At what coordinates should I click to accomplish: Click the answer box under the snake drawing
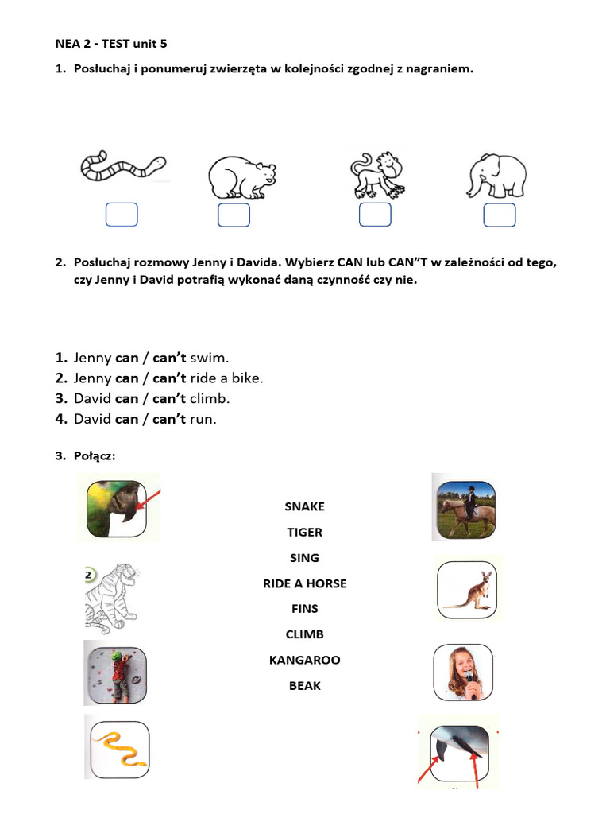122,215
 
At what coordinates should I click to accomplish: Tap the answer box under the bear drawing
234,215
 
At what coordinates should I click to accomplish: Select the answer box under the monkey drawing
375,215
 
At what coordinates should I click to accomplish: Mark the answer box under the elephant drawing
500,215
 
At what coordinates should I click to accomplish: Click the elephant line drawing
496,176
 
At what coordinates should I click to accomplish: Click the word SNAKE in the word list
305,506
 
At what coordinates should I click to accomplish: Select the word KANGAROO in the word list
305,660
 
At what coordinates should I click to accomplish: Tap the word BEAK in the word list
305,685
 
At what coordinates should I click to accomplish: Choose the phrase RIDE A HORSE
305,583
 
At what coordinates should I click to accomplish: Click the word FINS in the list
305,609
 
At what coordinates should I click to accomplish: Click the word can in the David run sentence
127,419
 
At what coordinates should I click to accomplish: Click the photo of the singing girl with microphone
464,673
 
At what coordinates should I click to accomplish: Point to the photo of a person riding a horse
467,508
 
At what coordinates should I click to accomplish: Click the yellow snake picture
119,746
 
